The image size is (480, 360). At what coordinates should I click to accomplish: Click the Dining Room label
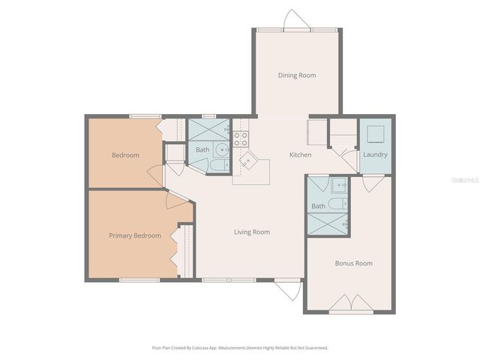(x=297, y=75)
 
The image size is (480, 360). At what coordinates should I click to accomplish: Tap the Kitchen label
(x=300, y=155)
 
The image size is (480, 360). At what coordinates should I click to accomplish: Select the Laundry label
(x=375, y=155)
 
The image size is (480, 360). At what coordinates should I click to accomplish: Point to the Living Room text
(x=252, y=232)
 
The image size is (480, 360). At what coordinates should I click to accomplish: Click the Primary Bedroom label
(x=135, y=235)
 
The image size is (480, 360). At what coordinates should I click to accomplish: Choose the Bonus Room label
(x=353, y=263)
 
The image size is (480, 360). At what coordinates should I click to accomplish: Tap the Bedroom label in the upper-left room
(x=125, y=155)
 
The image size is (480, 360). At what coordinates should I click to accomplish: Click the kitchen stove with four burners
(x=241, y=138)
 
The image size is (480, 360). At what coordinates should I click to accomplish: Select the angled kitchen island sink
(x=247, y=161)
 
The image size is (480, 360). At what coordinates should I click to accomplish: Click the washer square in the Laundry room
(x=376, y=134)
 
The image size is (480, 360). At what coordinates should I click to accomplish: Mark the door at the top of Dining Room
(x=295, y=19)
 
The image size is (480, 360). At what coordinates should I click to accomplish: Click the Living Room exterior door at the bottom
(x=285, y=289)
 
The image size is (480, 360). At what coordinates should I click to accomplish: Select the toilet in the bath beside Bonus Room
(x=338, y=186)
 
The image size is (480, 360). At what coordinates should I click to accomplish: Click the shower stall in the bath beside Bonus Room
(x=328, y=223)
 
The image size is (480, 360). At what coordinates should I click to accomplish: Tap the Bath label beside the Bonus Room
(x=319, y=205)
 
